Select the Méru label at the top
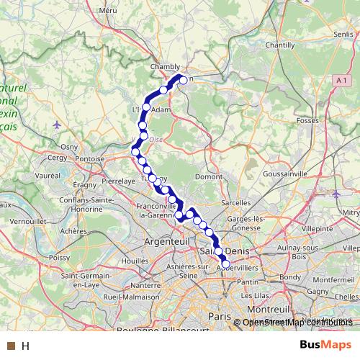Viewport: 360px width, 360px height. coord(109,11)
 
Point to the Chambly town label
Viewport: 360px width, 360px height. coord(164,66)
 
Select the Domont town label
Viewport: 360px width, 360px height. coord(209,176)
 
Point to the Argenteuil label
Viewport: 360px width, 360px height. coord(168,242)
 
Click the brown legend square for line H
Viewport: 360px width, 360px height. coord(11,346)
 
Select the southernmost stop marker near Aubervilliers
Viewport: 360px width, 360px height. coord(225,264)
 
